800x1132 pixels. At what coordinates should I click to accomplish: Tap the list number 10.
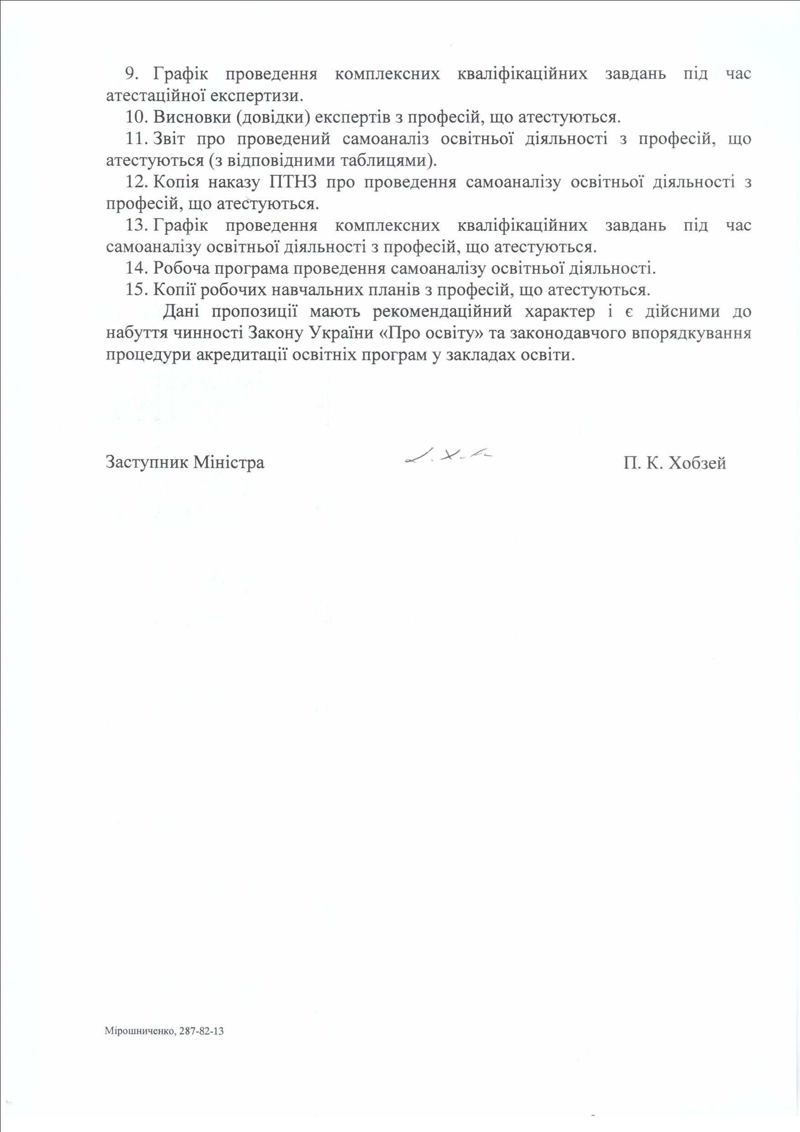tap(136, 117)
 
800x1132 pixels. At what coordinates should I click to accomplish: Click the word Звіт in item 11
tap(169, 139)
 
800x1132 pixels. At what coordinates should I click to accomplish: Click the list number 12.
tap(136, 183)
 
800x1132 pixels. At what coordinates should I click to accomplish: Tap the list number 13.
tap(136, 226)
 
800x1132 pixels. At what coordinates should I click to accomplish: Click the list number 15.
tap(136, 290)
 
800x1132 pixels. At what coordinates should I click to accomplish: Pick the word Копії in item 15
tap(173, 290)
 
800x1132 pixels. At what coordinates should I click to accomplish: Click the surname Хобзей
tap(696, 464)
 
